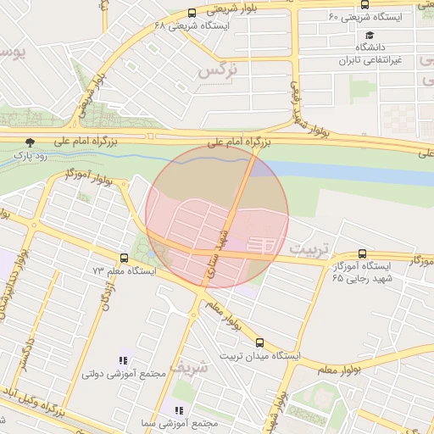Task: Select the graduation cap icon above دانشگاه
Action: (x=370, y=36)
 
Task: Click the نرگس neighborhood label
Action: (x=214, y=70)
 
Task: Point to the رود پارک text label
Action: (x=31, y=157)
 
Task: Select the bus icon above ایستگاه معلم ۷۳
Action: (x=125, y=257)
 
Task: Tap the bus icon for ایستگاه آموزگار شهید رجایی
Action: (x=363, y=253)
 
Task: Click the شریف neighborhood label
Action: (x=187, y=367)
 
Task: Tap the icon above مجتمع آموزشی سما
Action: (x=179, y=410)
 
